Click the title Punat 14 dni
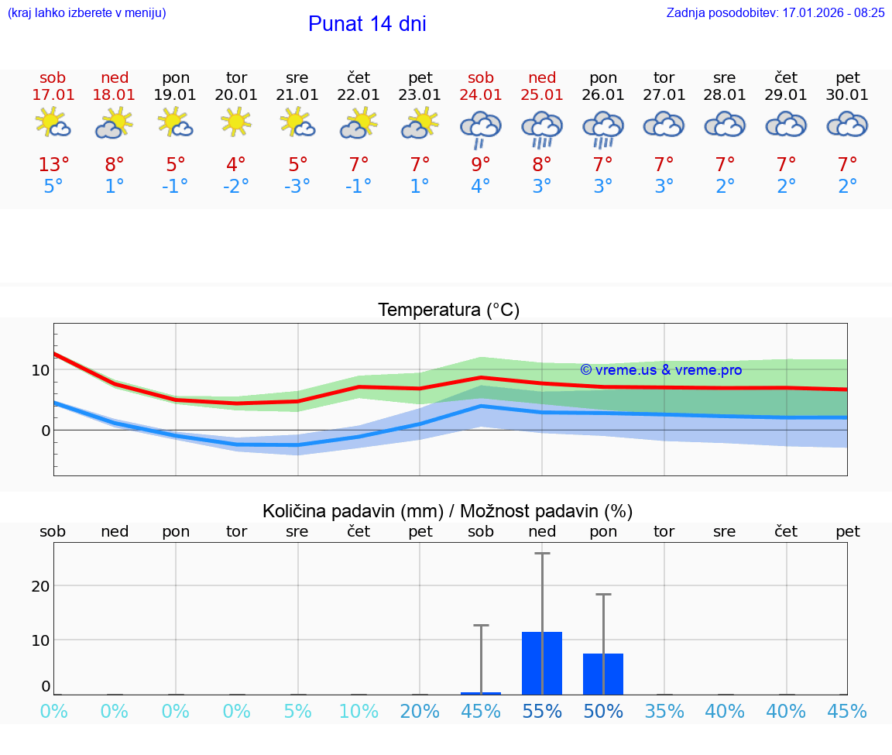(x=367, y=24)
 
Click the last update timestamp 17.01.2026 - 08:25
(x=822, y=13)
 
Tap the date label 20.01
(x=236, y=95)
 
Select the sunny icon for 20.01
(x=236, y=122)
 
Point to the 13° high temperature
(x=53, y=165)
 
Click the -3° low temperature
(x=297, y=187)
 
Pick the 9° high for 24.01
(x=481, y=165)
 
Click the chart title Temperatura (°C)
(x=448, y=311)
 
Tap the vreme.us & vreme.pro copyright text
(x=660, y=370)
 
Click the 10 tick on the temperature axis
(x=40, y=370)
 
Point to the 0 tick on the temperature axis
(x=45, y=431)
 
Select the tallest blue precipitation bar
(x=542, y=664)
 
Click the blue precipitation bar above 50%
(x=603, y=674)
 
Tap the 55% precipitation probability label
(x=542, y=712)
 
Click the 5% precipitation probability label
(x=297, y=712)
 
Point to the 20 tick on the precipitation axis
(x=40, y=586)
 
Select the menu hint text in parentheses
(x=87, y=13)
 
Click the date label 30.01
(x=848, y=95)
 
